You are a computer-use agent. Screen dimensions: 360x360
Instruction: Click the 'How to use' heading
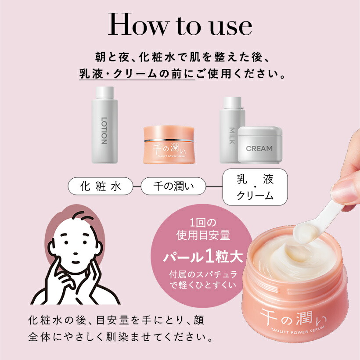tap(180, 25)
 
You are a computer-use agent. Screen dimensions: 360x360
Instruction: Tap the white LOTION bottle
tap(104, 127)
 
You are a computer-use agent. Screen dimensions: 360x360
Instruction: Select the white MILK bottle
tap(232, 130)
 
